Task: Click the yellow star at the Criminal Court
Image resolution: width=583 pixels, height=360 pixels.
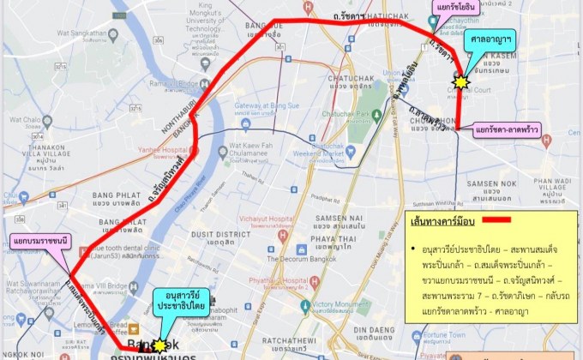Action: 460,82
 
